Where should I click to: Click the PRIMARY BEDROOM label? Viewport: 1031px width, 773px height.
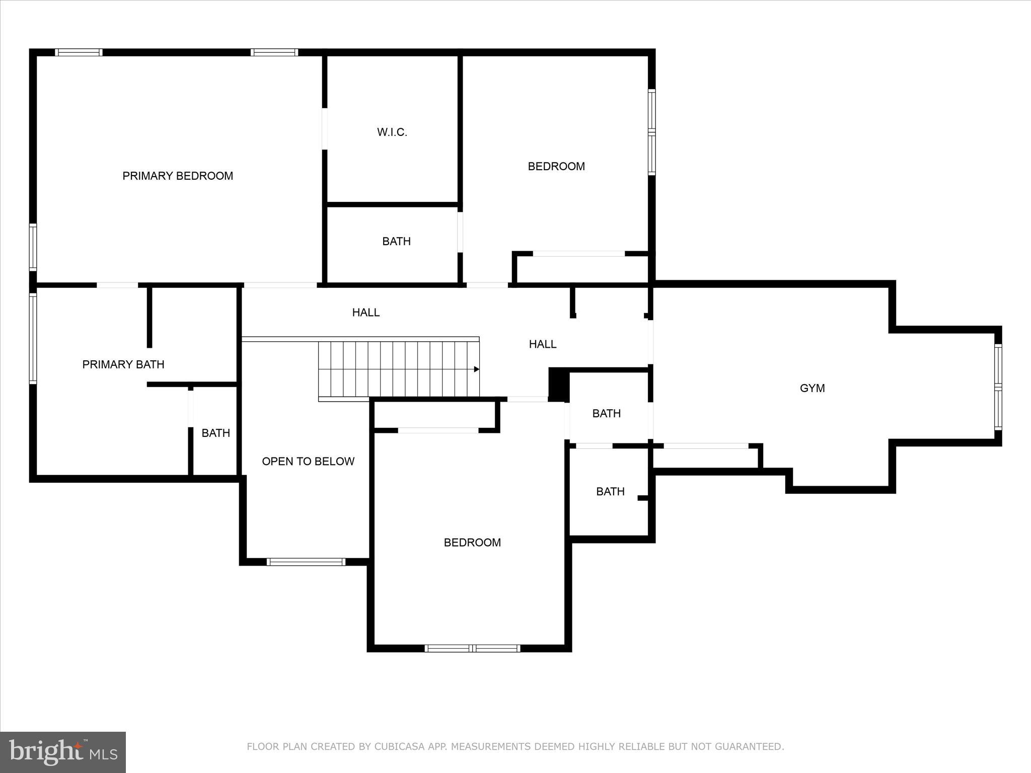tap(178, 176)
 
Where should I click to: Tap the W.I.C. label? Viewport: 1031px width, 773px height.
tap(392, 132)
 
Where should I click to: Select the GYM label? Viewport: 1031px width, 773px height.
tap(812, 388)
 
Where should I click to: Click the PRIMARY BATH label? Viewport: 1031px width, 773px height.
tap(123, 364)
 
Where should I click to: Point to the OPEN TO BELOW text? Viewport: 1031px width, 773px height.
tap(308, 461)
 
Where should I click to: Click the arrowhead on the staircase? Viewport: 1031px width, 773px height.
tap(476, 369)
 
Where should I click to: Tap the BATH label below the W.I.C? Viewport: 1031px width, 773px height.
tap(396, 242)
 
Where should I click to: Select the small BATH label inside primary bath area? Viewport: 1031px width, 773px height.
tap(215, 433)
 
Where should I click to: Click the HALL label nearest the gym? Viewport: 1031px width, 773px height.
tap(542, 344)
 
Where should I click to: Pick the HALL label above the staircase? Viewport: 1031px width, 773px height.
tap(365, 313)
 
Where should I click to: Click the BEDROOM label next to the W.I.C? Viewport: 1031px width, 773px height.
tap(556, 167)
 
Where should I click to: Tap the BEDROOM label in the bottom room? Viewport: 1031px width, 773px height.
tap(472, 543)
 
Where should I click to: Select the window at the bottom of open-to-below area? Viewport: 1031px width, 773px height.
tap(306, 562)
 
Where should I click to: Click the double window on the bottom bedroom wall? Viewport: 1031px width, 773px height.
tap(472, 648)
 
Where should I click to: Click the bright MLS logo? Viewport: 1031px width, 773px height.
tap(63, 752)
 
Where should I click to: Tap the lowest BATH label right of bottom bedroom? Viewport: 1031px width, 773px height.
tap(610, 492)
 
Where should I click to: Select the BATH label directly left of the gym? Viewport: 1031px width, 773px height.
tap(606, 414)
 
